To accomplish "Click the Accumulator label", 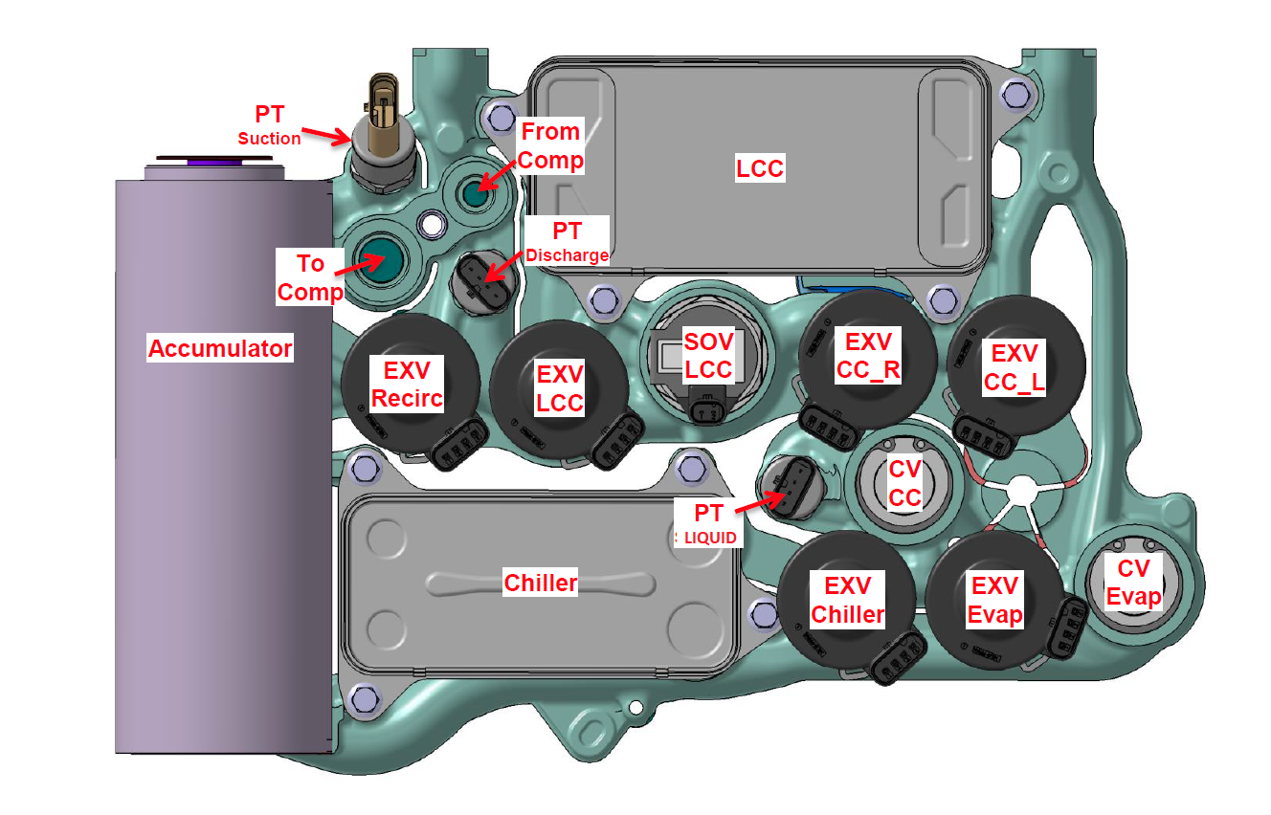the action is tap(220, 347).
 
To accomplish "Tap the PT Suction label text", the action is tap(270, 125).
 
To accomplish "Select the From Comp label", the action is tap(550, 145).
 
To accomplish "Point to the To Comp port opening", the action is tap(380, 260).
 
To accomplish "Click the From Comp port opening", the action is tap(476, 193).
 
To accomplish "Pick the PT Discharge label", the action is tap(567, 242).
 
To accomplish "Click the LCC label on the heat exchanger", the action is tap(760, 167).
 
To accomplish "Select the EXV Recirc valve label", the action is tap(407, 384).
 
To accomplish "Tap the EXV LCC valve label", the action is tap(560, 388).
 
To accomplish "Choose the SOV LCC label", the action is tap(708, 355).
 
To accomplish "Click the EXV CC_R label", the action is tap(868, 356).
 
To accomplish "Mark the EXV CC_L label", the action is tap(1014, 367).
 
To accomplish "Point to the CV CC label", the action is tap(904, 483).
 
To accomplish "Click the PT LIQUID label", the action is tap(708, 523).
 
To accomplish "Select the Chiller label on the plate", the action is tap(540, 583).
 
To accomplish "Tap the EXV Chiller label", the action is tap(847, 600).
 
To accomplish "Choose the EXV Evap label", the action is tap(994, 600).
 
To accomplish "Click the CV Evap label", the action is tap(1133, 583).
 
